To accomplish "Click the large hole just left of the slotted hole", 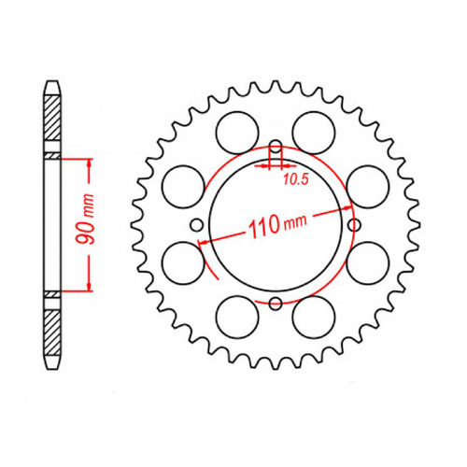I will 233,125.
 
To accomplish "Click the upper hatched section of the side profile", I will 53,121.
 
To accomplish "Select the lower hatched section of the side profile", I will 53,327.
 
